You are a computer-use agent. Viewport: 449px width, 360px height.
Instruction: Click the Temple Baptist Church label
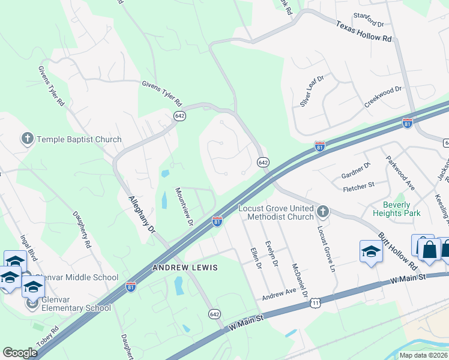coord(79,139)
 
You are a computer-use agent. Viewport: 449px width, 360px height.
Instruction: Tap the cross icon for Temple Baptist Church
coord(27,139)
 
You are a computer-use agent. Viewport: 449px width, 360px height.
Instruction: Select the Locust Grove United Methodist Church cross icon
coord(323,211)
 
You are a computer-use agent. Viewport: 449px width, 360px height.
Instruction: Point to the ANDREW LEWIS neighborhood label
coord(185,266)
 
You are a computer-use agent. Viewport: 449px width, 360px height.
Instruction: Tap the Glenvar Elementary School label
coord(76,308)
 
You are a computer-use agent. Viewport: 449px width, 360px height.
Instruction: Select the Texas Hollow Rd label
coord(364,32)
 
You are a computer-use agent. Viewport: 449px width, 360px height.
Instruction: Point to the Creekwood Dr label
coord(382,97)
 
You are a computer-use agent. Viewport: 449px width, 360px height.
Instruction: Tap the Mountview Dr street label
coord(183,206)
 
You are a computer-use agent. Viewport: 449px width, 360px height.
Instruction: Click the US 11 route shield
coord(315,304)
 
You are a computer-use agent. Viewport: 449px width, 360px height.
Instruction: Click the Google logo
coord(20,353)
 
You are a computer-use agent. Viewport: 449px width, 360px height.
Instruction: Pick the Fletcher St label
coord(358,188)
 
